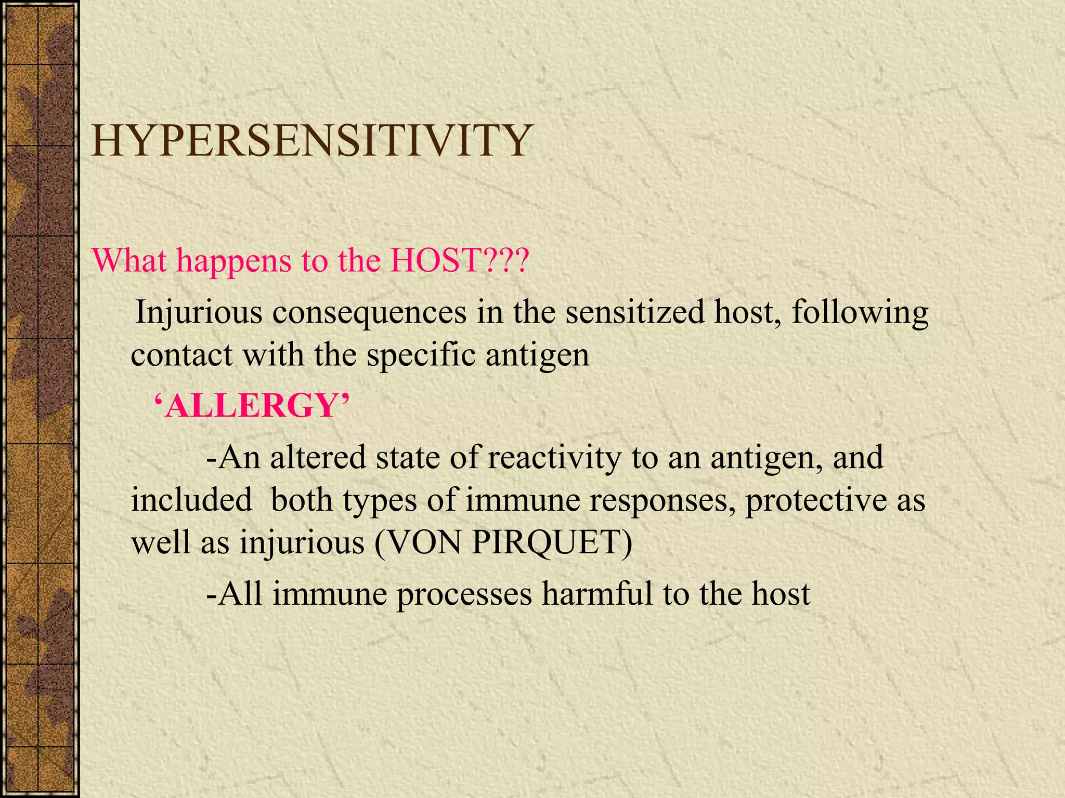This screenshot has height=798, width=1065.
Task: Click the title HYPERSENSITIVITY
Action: click(x=311, y=141)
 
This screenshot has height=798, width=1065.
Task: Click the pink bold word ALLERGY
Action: click(x=252, y=406)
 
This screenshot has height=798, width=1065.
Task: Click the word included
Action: click(x=191, y=500)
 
